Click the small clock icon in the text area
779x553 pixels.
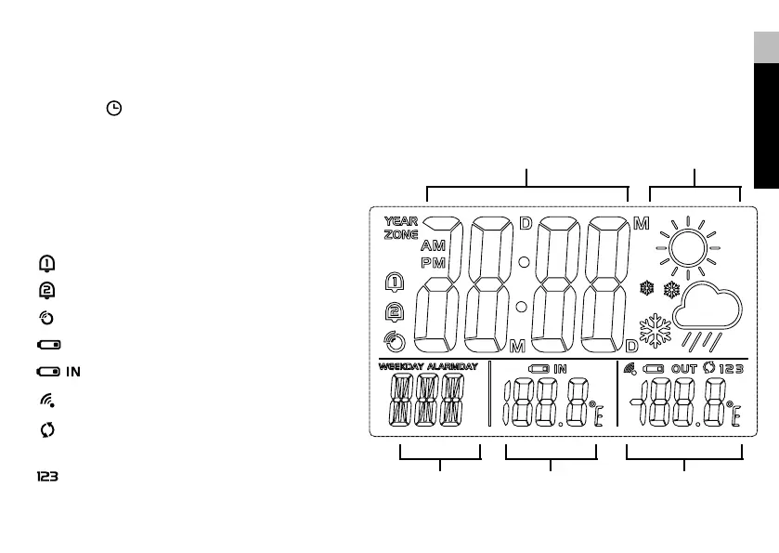(113, 109)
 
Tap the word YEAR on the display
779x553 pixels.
(401, 222)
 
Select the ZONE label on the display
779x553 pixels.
(401, 235)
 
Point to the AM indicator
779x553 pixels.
(433, 247)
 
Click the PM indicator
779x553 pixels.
(433, 263)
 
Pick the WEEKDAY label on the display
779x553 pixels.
(401, 367)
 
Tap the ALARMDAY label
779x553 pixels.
(452, 367)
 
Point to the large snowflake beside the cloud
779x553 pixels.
(656, 331)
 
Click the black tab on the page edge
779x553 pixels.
(765, 125)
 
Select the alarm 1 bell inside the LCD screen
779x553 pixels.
(395, 283)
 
